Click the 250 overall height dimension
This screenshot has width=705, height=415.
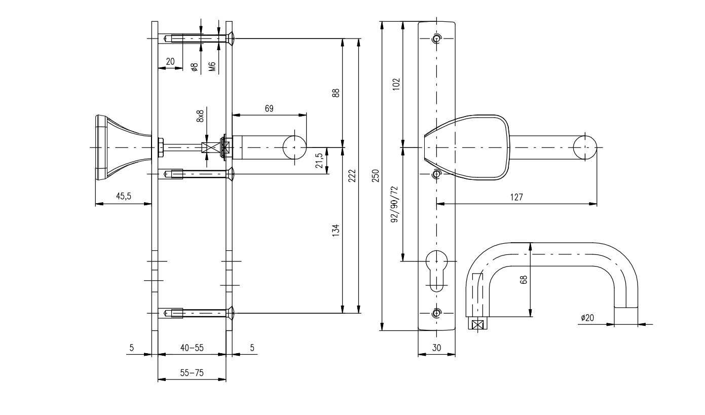[376, 176]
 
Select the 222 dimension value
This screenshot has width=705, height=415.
[352, 176]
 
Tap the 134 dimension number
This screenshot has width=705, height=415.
[336, 231]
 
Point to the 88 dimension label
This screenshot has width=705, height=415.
[336, 93]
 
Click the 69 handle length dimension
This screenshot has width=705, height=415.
[269, 108]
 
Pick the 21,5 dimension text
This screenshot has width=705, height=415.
[319, 161]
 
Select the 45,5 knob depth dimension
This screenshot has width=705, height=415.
[123, 196]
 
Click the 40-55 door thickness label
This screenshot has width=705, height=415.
[192, 348]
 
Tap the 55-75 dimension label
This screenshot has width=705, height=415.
[192, 373]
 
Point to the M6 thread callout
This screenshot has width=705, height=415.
[212, 66]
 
